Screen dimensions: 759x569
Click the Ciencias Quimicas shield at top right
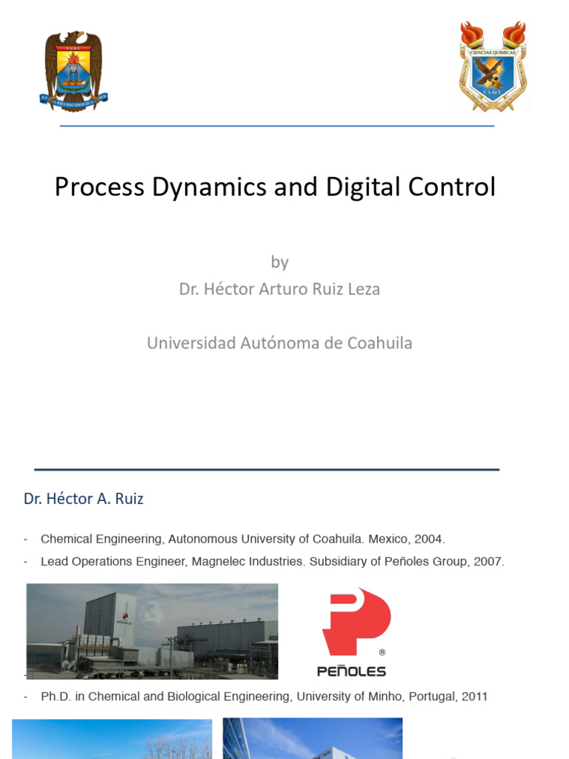(493, 67)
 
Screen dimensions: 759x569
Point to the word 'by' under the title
(279, 262)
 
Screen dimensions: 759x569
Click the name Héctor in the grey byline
(230, 289)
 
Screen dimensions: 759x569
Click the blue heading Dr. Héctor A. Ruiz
(84, 499)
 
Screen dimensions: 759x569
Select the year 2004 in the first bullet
(429, 539)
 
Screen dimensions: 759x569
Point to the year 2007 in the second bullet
(489, 562)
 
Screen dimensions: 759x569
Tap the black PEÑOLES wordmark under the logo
(351, 672)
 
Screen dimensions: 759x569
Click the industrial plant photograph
(152, 631)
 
